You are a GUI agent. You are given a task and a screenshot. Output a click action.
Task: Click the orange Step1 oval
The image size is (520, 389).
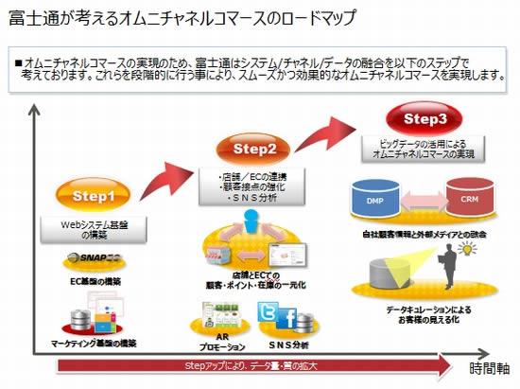click(95, 197)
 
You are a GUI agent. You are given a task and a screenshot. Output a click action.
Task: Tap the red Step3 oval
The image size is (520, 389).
click(417, 119)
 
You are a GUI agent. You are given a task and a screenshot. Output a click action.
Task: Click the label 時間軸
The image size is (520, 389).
click(489, 368)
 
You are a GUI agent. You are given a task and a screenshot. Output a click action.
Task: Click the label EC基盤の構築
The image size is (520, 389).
click(95, 281)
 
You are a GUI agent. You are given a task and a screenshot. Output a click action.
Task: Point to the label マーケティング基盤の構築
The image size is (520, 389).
click(95, 342)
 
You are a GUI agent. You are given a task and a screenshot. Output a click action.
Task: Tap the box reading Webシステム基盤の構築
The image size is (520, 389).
click(94, 228)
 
